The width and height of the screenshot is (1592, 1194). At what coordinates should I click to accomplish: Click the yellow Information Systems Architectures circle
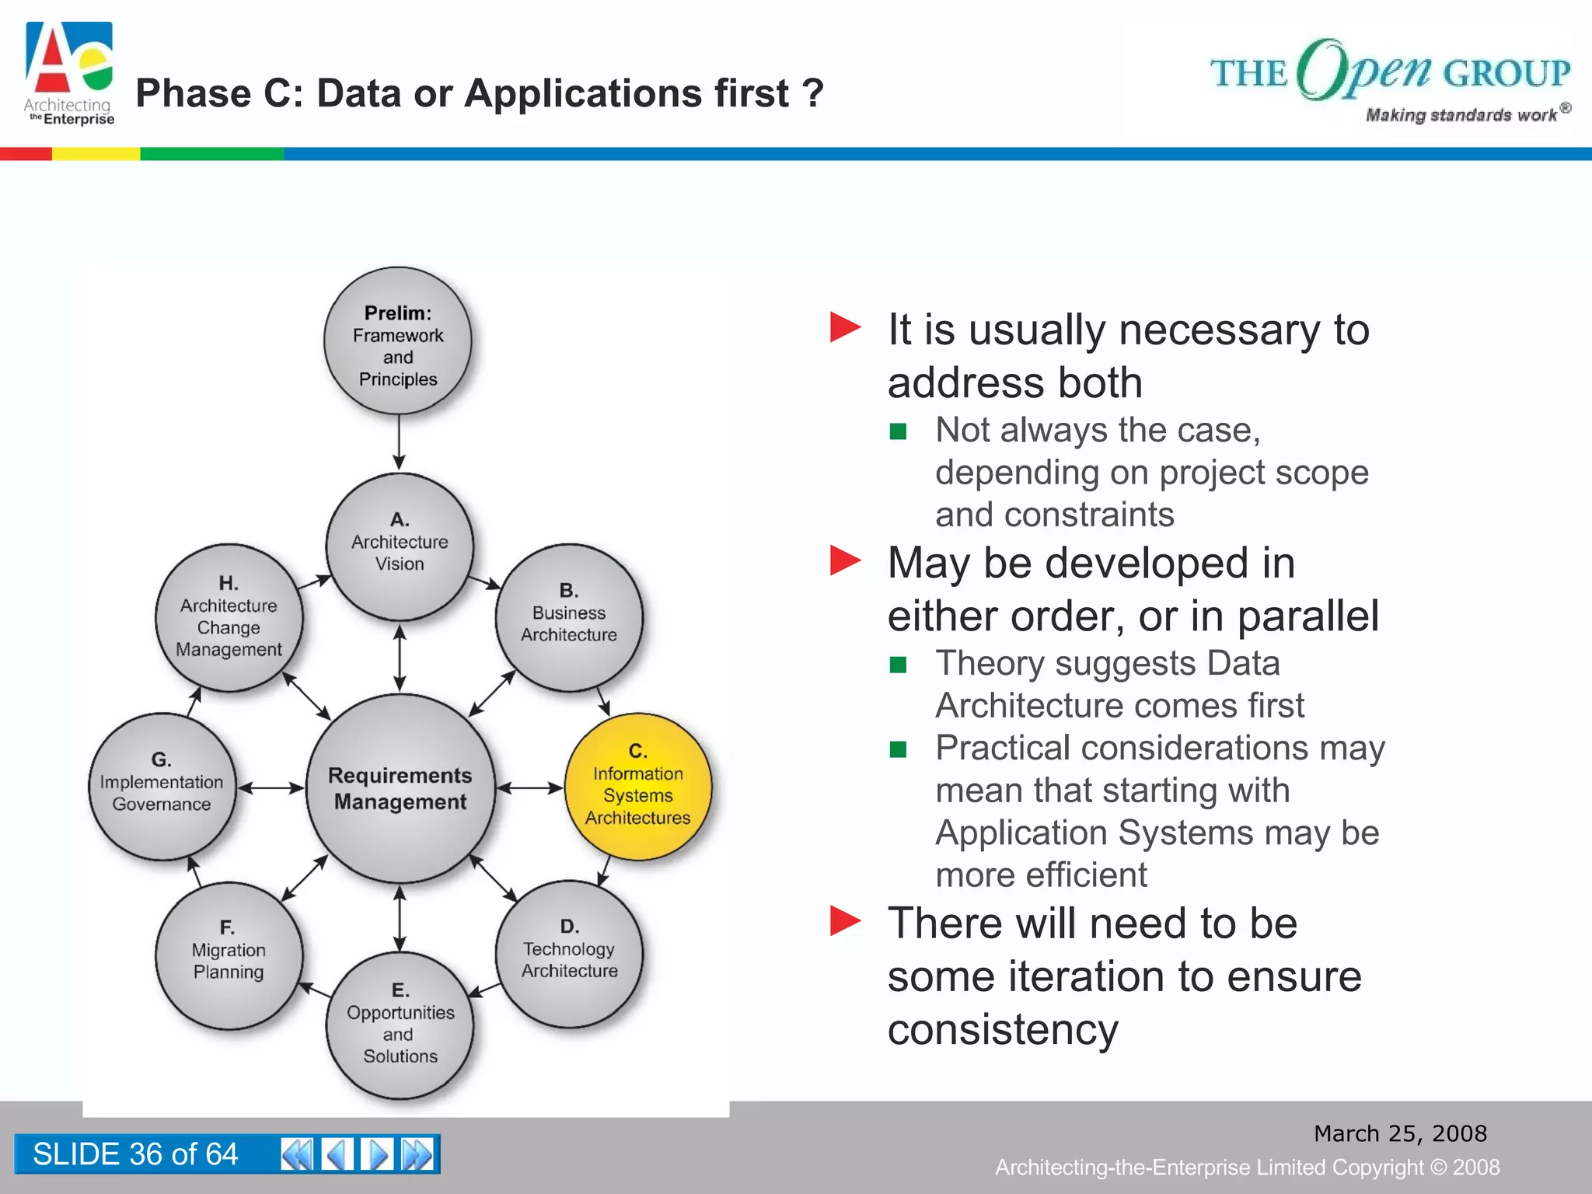click(637, 787)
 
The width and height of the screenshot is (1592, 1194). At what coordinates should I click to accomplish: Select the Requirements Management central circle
click(400, 788)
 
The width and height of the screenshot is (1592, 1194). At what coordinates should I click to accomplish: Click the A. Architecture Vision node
click(400, 546)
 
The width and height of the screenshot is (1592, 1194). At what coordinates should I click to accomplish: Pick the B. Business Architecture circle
click(569, 617)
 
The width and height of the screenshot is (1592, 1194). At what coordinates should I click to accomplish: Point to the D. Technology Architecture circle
click(569, 954)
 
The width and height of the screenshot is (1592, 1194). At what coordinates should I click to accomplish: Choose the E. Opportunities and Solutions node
click(400, 1025)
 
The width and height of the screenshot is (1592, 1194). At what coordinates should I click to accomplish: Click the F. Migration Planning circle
click(229, 955)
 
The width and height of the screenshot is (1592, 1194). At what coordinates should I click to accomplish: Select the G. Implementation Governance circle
click(162, 787)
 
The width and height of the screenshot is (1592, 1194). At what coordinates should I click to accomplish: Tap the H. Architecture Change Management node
click(229, 617)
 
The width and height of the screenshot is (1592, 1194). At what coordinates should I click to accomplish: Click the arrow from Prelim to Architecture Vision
click(399, 442)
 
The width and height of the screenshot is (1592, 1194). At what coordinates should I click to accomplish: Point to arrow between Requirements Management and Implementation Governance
click(271, 788)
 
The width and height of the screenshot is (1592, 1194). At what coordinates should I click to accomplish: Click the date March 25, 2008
click(1400, 1133)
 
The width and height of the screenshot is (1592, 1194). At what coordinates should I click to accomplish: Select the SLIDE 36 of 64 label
click(135, 1154)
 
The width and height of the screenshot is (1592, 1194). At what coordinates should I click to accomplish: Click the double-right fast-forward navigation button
click(417, 1154)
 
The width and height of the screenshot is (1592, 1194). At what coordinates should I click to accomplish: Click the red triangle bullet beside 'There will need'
click(845, 921)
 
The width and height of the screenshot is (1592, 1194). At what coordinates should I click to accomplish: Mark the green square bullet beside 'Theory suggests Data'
click(898, 665)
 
